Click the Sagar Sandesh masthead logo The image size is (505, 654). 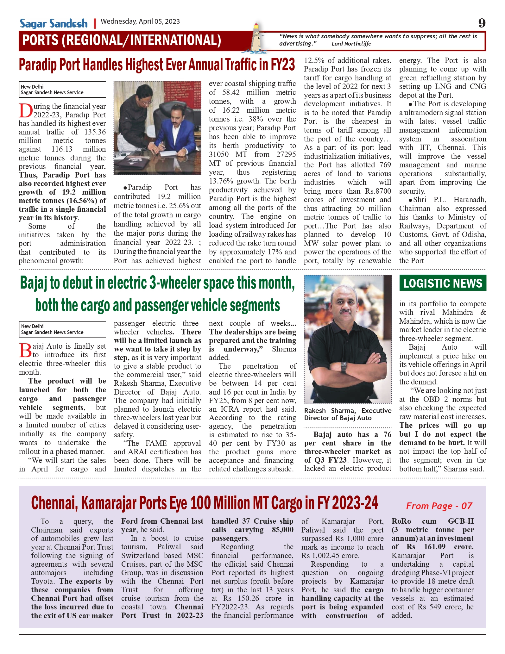tap(54, 23)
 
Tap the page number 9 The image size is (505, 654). tap(482, 23)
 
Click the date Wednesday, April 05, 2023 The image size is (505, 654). tap(140, 22)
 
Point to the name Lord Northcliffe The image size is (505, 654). tap(351, 44)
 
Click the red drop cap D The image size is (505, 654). tap(25, 111)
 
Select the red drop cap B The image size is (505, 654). tap(25, 350)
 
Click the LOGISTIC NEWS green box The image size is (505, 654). tap(442, 283)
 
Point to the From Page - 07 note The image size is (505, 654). tap(439, 506)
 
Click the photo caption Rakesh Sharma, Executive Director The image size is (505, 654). tap(347, 414)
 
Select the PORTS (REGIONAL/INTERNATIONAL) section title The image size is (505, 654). tap(122, 40)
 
